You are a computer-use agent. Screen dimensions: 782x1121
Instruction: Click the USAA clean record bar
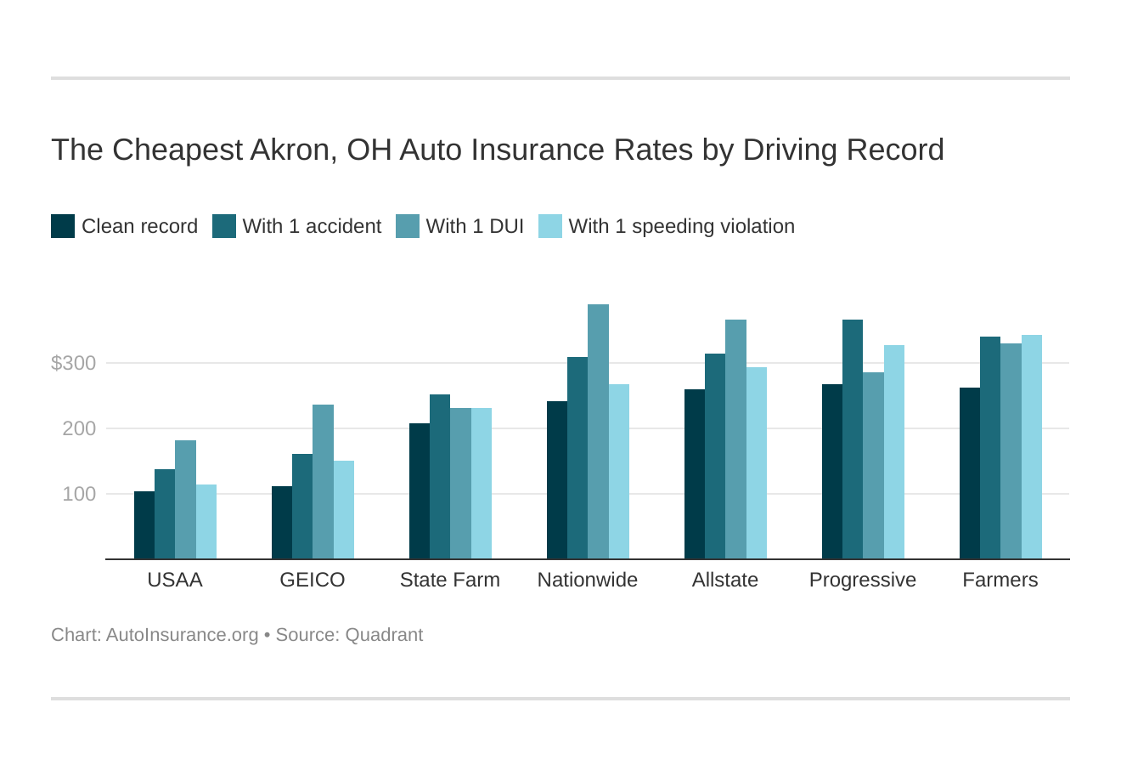coord(144,525)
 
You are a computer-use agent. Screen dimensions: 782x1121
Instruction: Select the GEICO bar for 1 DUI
coord(323,482)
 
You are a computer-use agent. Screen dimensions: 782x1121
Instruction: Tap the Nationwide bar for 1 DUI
coord(598,432)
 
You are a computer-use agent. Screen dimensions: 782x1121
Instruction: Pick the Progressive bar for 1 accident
coord(853,439)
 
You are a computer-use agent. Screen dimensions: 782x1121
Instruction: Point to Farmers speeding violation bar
coord(1031,447)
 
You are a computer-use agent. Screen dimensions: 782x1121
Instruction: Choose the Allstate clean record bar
coord(695,474)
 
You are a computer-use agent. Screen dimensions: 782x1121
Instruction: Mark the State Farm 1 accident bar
coord(440,477)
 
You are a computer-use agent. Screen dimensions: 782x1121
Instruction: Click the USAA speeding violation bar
coord(206,522)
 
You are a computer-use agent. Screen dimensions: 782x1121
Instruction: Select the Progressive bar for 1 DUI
coord(873,466)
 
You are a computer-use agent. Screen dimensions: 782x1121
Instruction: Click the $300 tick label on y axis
coord(74,364)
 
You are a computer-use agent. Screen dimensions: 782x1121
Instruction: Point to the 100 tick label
coord(79,495)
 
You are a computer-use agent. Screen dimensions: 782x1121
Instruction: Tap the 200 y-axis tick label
coord(79,429)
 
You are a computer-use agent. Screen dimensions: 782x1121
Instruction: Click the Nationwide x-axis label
coord(588,581)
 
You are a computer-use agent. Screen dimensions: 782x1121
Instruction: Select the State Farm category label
coord(450,581)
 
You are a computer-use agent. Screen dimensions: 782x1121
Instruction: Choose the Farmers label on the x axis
coord(1000,581)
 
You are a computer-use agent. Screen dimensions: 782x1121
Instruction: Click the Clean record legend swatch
coord(63,226)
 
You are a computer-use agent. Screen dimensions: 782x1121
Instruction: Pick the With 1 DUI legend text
coord(475,226)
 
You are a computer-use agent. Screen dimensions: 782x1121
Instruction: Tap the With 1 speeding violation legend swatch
coord(550,226)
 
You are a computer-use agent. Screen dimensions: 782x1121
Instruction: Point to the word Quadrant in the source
coord(384,635)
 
